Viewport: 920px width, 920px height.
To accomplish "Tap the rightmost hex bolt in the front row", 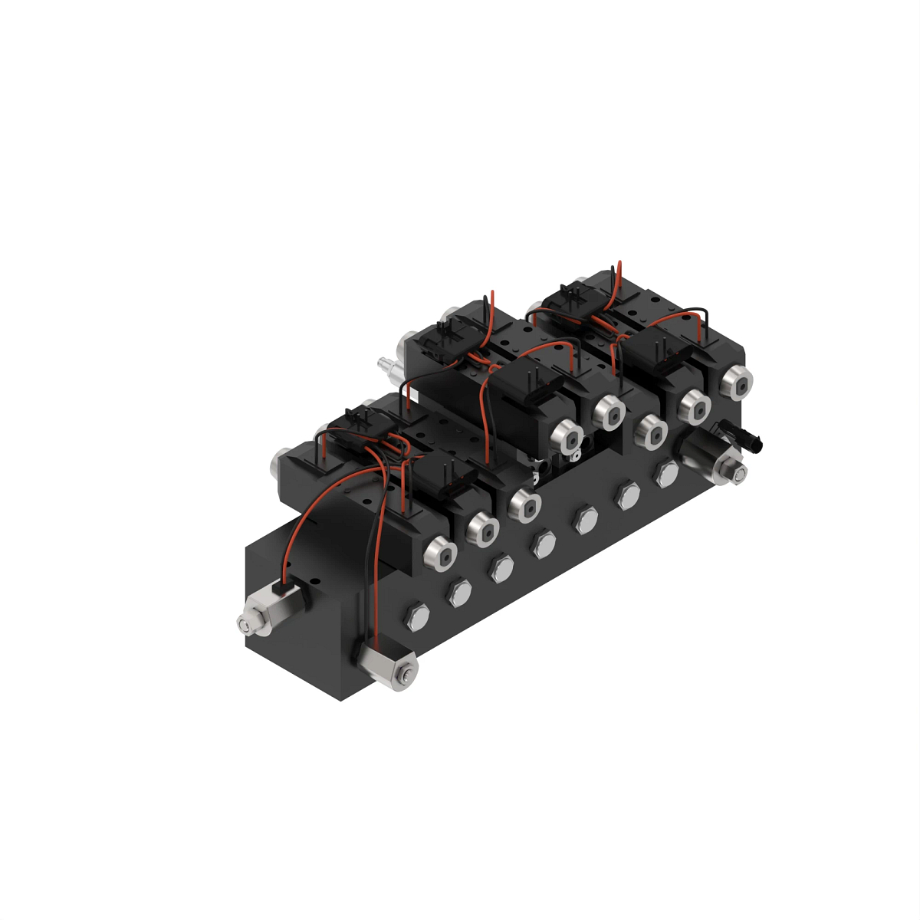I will point(665,475).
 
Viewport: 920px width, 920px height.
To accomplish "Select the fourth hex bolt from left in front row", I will point(544,544).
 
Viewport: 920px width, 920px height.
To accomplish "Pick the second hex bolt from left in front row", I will point(459,591).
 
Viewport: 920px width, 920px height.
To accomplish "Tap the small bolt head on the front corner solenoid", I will point(405,676).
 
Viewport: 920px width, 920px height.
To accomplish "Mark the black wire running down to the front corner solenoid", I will point(377,567).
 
